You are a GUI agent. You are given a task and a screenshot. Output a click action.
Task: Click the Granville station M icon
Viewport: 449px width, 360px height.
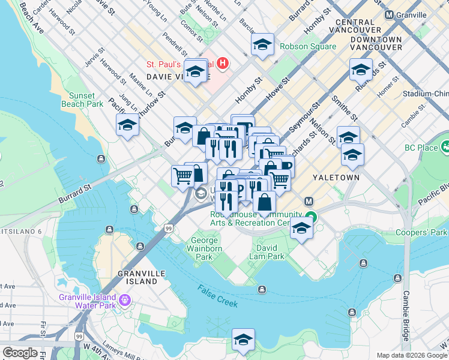point(389,15)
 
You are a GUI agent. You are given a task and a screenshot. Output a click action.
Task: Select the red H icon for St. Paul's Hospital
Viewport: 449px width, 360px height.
point(223,62)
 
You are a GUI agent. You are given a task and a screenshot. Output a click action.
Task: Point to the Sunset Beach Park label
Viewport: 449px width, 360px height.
point(82,100)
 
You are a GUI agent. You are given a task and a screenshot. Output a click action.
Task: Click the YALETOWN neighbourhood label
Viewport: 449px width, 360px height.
point(336,178)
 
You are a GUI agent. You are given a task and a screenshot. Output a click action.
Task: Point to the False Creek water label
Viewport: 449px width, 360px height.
point(217,296)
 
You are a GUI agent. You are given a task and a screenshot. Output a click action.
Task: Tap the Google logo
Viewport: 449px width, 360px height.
point(20,353)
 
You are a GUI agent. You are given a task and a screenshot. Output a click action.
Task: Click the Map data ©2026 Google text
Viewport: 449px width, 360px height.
point(411,355)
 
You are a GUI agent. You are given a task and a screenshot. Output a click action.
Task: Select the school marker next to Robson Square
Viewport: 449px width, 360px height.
point(262,45)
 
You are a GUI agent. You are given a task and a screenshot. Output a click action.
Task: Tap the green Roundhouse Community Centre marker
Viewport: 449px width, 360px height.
point(310,217)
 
